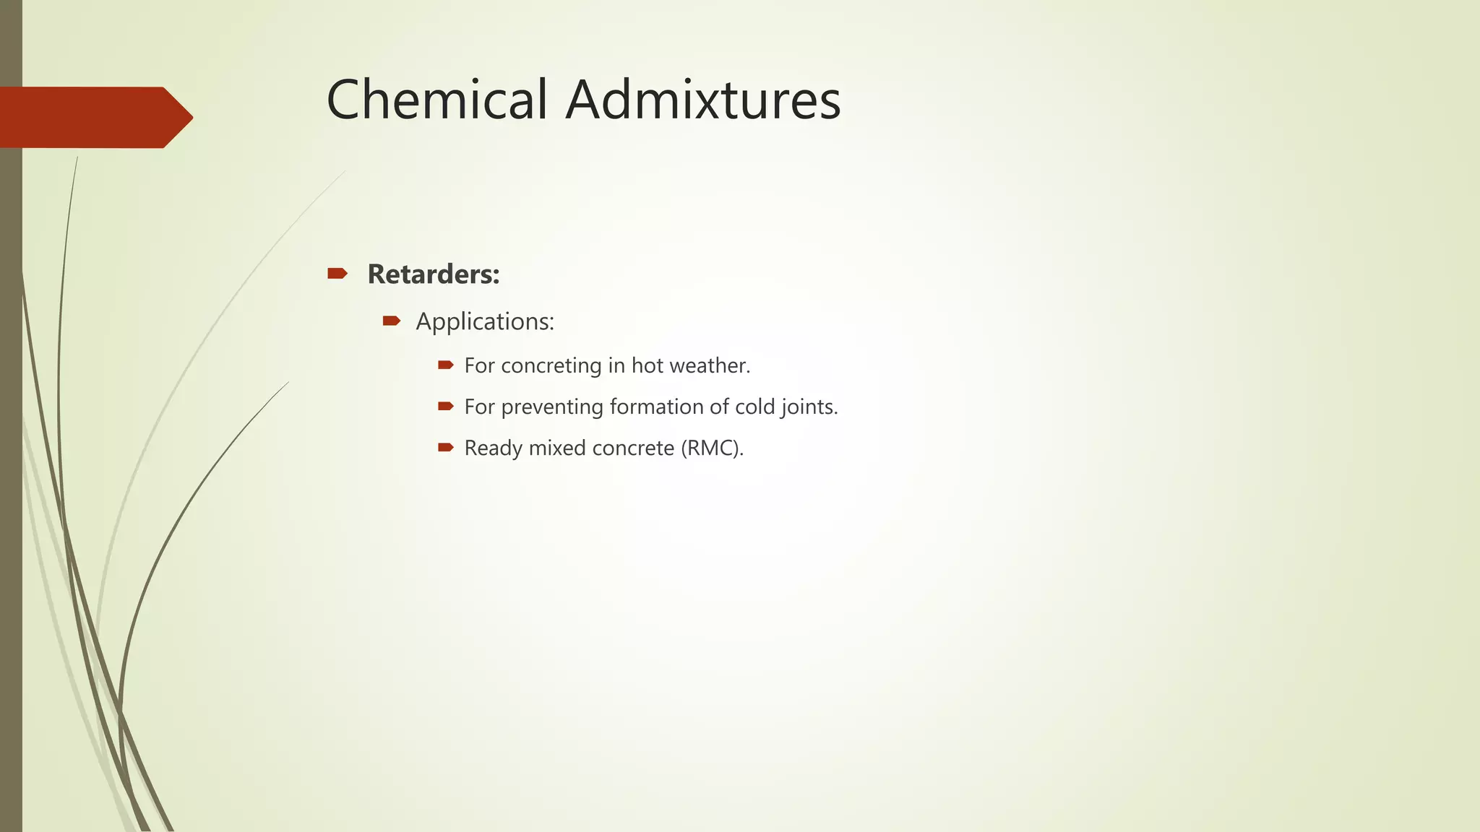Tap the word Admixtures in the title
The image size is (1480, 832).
[703, 100]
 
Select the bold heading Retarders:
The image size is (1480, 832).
[434, 274]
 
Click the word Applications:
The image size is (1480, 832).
[485, 321]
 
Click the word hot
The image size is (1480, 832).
[647, 365]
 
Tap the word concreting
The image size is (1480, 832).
[551, 366]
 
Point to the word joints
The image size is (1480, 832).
[809, 407]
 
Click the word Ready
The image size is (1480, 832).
[493, 448]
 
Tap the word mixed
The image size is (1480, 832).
[557, 448]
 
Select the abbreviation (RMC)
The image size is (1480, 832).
[712, 448]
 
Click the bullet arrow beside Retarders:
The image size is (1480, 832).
[337, 273]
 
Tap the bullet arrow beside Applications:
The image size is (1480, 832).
[391, 321]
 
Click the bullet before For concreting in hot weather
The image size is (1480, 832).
[445, 365]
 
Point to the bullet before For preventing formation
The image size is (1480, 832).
[445, 406]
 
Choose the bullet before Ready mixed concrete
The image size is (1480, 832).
[445, 447]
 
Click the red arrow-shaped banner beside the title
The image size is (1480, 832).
[94, 117]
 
